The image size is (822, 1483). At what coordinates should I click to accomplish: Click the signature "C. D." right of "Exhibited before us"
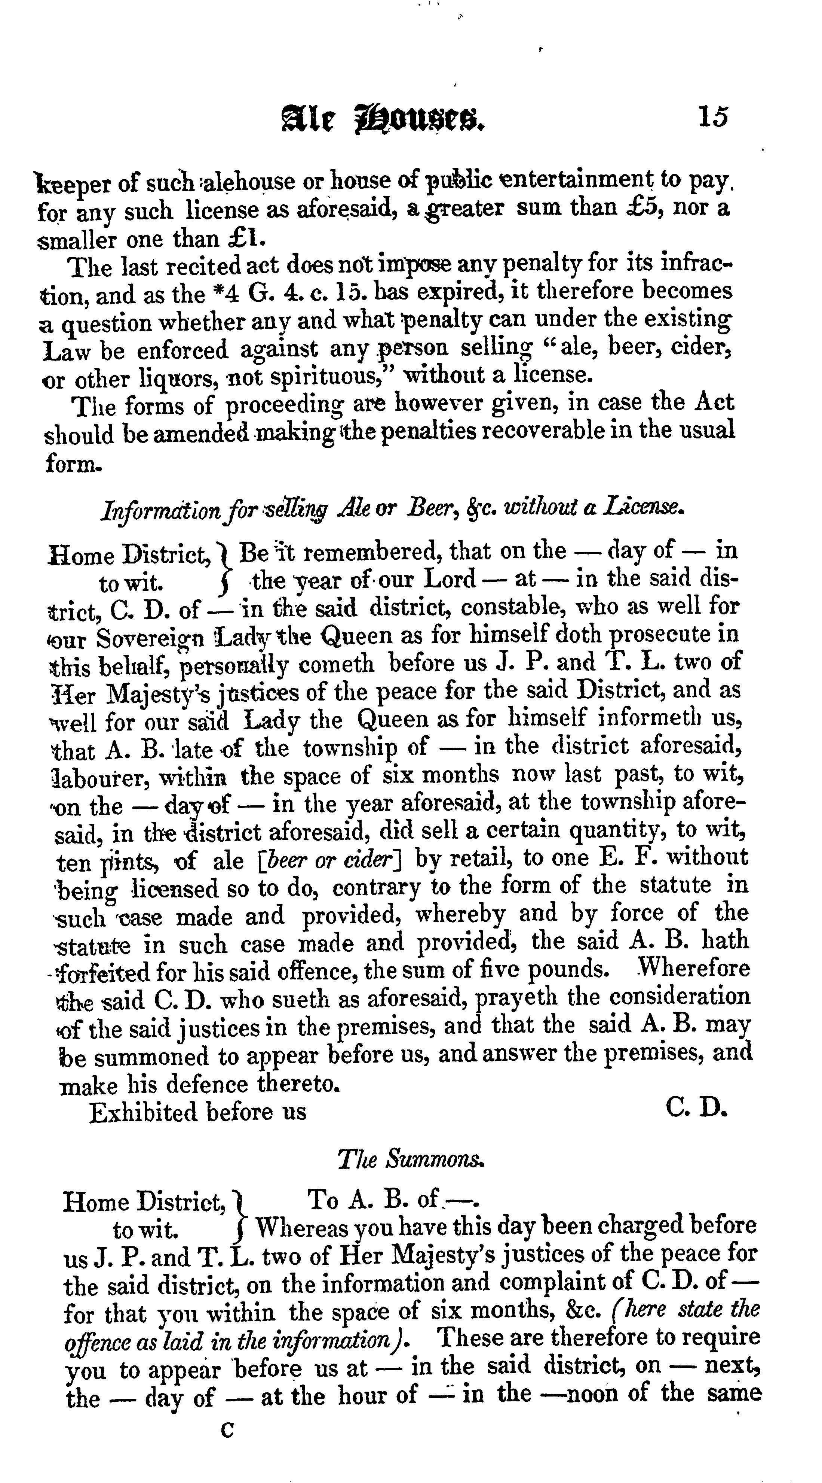(697, 1107)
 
